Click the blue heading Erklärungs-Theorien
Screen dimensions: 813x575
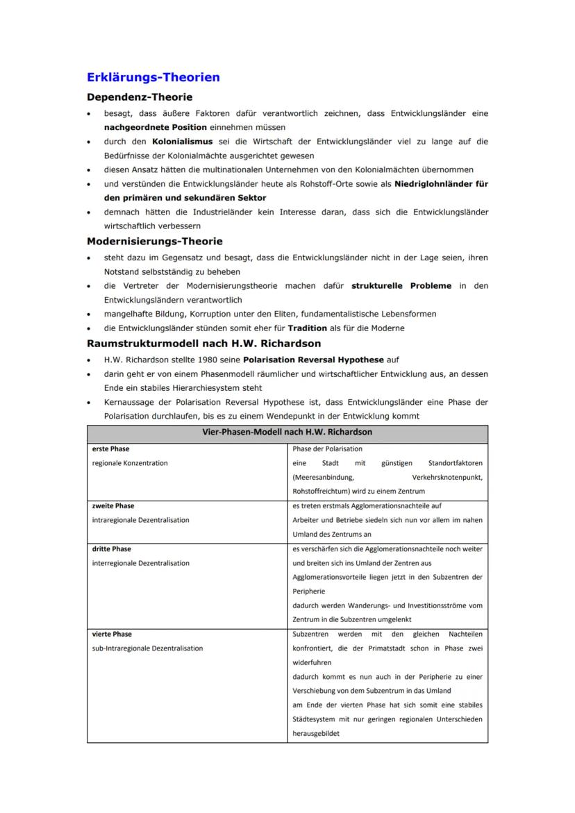click(153, 77)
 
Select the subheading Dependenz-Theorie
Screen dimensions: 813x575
click(140, 97)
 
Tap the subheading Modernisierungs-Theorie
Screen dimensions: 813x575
click(154, 241)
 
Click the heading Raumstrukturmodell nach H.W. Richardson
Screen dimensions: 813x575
click(203, 343)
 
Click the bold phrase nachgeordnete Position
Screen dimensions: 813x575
click(155, 127)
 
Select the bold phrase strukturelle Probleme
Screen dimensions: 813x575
click(401, 285)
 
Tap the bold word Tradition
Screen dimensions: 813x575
click(307, 328)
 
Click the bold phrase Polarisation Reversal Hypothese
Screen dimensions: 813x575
click(312, 360)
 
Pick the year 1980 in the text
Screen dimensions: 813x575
click(208, 360)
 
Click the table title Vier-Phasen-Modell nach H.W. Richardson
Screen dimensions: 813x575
click(287, 432)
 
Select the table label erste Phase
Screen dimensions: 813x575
click(111, 449)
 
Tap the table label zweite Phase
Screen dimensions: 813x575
click(113, 506)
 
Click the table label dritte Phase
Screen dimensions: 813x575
click(112, 548)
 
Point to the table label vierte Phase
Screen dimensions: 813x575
click(112, 634)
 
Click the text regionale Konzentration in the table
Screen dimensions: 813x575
click(130, 463)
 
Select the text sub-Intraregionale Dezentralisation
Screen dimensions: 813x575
click(148, 648)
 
